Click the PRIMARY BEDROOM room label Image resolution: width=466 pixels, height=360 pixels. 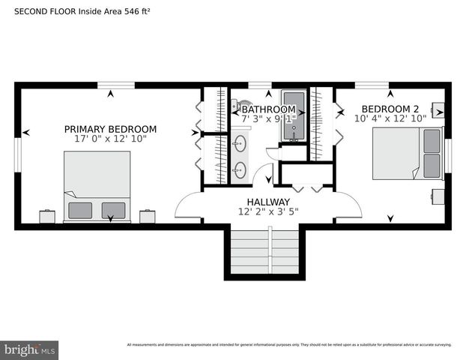[x=110, y=129]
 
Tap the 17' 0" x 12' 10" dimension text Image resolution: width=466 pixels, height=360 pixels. [x=110, y=139]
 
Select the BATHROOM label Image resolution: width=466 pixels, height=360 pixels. [x=269, y=109]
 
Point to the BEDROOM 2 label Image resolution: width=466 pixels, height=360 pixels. [x=390, y=109]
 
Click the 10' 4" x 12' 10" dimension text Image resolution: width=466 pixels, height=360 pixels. [x=390, y=118]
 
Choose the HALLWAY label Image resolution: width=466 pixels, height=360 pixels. [x=268, y=202]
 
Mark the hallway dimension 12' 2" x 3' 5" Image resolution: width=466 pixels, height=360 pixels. [x=268, y=212]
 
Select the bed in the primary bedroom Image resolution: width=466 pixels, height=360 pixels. [x=97, y=186]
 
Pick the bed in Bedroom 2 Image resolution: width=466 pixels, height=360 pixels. [x=408, y=153]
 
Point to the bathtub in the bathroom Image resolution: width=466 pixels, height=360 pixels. [x=293, y=116]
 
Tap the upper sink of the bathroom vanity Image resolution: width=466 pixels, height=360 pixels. [x=240, y=142]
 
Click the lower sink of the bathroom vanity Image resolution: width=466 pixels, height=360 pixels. [x=240, y=169]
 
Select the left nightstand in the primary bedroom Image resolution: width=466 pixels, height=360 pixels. [x=48, y=216]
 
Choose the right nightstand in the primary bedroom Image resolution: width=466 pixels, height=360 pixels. [x=147, y=216]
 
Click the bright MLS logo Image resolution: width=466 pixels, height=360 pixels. [x=30, y=349]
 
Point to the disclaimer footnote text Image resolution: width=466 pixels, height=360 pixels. [x=289, y=345]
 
